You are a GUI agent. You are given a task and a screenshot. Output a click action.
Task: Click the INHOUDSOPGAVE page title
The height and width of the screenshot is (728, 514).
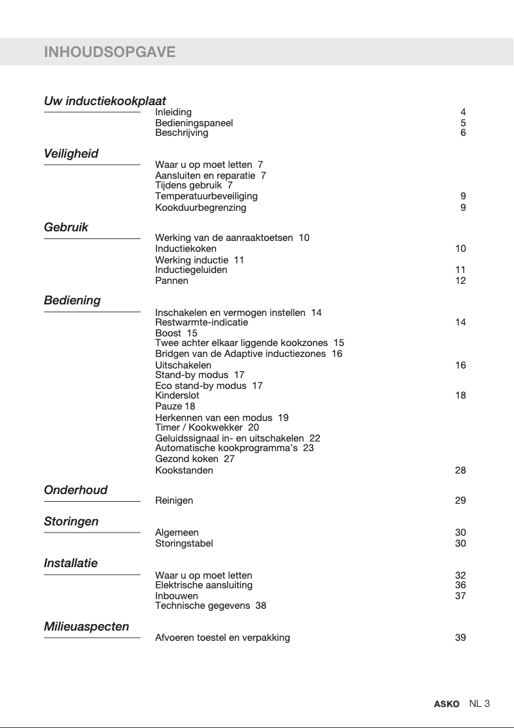pos(110,52)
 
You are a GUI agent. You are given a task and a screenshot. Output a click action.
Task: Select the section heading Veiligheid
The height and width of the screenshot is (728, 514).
pos(71,154)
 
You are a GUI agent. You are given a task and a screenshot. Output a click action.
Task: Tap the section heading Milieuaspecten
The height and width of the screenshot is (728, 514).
pos(87,626)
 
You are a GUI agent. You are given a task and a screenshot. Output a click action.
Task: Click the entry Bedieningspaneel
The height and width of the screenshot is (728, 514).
pos(194,122)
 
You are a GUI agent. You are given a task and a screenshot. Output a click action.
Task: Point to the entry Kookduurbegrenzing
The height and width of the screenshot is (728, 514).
pos(201,208)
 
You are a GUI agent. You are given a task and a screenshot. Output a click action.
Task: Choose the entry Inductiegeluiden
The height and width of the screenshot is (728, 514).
pos(191,270)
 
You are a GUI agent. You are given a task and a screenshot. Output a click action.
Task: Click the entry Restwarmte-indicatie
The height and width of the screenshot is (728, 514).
pos(201,322)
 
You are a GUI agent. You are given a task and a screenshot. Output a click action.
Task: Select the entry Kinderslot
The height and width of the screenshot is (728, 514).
pos(177,395)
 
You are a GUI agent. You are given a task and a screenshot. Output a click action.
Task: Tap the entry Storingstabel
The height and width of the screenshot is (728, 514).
pos(184,543)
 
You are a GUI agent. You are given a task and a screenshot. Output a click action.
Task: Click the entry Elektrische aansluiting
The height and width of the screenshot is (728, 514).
pos(204,585)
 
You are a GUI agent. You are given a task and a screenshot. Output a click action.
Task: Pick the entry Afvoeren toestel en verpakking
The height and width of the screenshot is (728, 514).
pos(222,638)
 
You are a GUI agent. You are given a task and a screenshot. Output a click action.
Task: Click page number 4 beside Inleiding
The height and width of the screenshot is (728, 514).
pos(463,112)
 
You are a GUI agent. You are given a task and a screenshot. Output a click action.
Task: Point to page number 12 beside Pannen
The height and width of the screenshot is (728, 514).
pos(460,281)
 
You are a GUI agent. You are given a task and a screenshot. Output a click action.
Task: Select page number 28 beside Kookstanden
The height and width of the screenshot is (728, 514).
pos(460,470)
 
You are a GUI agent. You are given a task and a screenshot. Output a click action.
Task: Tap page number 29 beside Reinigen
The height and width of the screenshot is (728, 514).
pos(460,500)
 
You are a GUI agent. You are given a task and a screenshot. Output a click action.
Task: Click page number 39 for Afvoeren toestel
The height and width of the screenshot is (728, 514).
pos(460,638)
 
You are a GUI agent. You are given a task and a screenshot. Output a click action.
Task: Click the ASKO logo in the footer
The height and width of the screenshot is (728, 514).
pos(447,704)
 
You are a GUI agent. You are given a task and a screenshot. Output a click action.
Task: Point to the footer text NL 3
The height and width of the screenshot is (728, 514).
pos(479,704)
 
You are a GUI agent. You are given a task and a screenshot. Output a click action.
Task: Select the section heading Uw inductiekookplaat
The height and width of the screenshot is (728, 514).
pos(104,101)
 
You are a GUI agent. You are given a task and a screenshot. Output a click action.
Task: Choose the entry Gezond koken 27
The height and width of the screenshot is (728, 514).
pos(195,459)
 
